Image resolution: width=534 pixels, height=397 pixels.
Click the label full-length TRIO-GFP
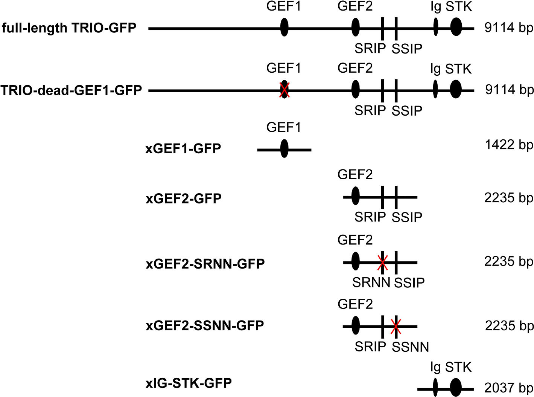(x=69, y=28)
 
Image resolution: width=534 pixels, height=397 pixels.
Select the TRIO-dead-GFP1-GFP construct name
(x=71, y=90)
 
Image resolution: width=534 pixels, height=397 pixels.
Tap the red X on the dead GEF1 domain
(x=284, y=90)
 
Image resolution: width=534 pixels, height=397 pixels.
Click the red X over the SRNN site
(x=382, y=262)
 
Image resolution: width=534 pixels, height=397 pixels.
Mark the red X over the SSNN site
(x=395, y=326)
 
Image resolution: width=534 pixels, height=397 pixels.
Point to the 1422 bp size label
(x=509, y=145)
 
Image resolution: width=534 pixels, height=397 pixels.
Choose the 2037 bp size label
(x=509, y=388)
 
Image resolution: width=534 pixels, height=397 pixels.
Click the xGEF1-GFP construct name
(x=183, y=148)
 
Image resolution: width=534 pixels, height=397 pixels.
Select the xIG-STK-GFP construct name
(x=189, y=383)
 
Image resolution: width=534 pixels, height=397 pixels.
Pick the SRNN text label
(x=371, y=282)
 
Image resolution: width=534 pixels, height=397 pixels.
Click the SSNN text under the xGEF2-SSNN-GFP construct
(x=410, y=347)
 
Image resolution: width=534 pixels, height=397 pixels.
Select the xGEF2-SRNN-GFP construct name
(x=205, y=264)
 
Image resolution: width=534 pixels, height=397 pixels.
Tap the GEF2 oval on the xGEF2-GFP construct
(x=355, y=196)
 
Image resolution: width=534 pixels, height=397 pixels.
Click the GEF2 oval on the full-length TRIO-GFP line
(x=355, y=27)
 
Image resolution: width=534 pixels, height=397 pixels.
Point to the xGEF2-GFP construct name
(x=183, y=198)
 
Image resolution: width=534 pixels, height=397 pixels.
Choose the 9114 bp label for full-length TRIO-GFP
(x=509, y=27)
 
